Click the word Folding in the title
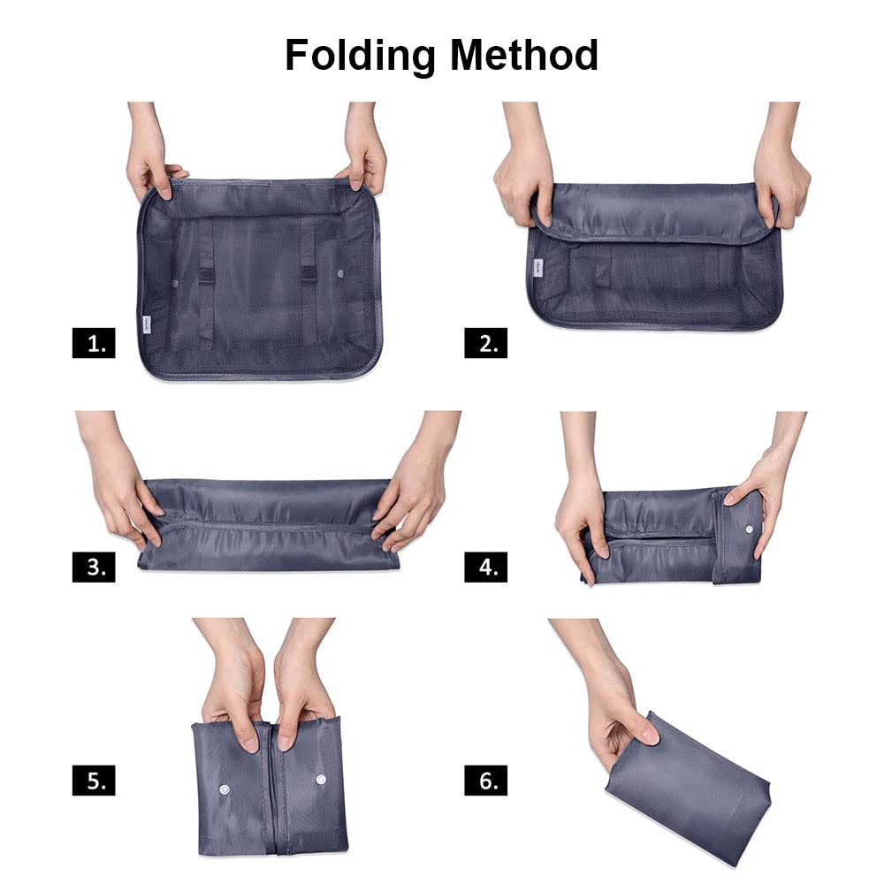pyautogui.click(x=361, y=56)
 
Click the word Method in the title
pyautogui.click(x=523, y=55)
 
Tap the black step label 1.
pyautogui.click(x=94, y=343)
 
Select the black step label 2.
pyautogui.click(x=485, y=343)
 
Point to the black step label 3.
pyautogui.click(x=94, y=567)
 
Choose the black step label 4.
pyautogui.click(x=485, y=567)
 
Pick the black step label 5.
pyautogui.click(x=94, y=781)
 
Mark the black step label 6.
pyautogui.click(x=485, y=781)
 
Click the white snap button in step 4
pyautogui.click(x=749, y=530)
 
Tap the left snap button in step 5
pyautogui.click(x=225, y=789)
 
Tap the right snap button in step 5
pyautogui.click(x=321, y=780)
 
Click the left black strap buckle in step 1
pyautogui.click(x=206, y=276)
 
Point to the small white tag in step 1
pyautogui.click(x=144, y=325)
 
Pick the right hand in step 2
pyautogui.click(x=780, y=169)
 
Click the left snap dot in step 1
pyautogui.click(x=175, y=282)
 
